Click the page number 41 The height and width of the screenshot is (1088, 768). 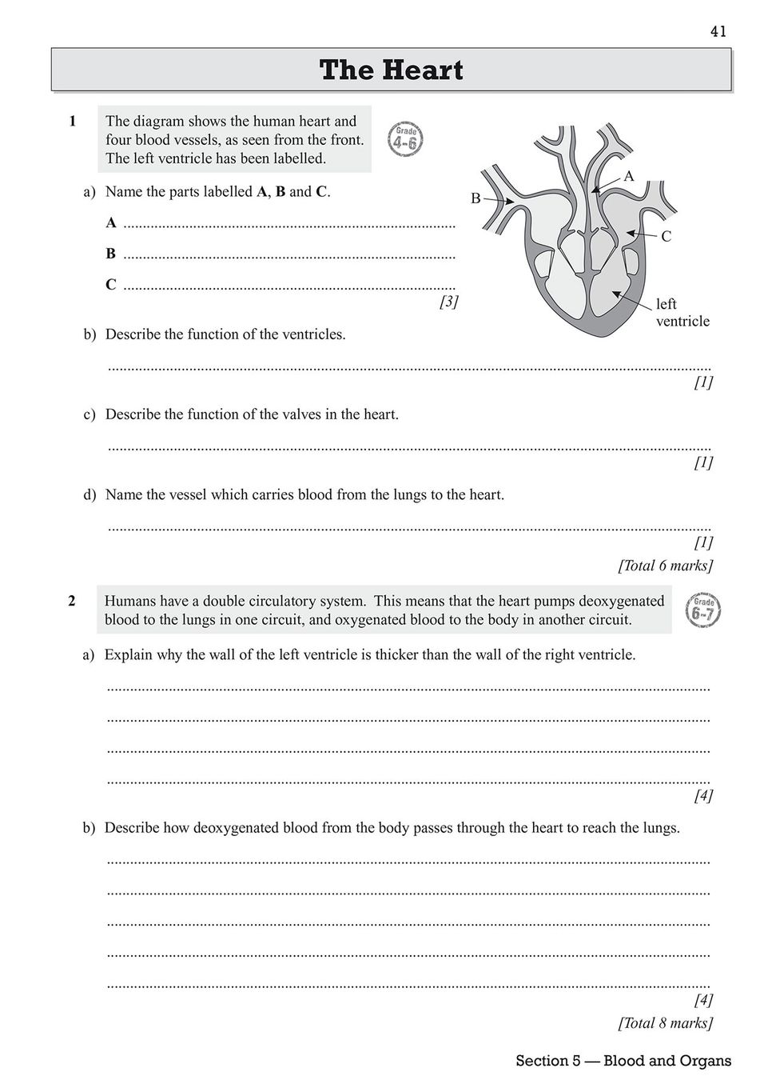coord(717,31)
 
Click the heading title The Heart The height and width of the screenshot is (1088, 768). coord(392,70)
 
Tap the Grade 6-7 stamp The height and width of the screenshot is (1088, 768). coord(703,610)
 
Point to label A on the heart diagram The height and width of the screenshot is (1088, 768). coord(628,176)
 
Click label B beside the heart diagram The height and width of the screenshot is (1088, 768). coord(476,198)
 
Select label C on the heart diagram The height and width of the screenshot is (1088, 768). coord(666,237)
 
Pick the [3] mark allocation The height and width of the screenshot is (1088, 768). coord(448,302)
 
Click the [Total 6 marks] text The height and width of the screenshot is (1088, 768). coord(665,566)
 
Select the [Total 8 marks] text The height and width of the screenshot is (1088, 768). coord(665,1022)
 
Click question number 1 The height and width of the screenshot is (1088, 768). coord(73,122)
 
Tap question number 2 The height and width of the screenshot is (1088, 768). coord(72,601)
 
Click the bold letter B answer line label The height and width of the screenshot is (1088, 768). coord(110,254)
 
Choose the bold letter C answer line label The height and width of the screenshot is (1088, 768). coord(110,285)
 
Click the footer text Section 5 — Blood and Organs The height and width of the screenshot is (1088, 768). coord(623,1062)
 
